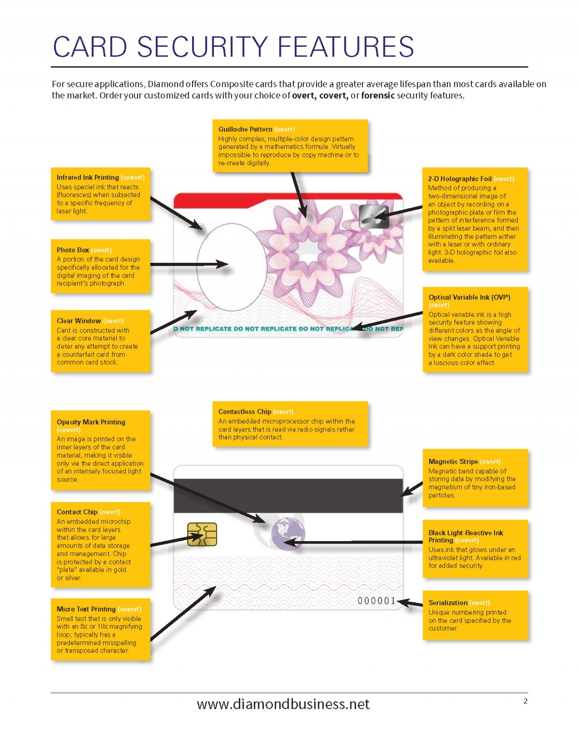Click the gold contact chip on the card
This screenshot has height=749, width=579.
click(x=202, y=534)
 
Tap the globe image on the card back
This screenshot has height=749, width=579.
click(x=288, y=534)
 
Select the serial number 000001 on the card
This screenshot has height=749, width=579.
click(x=376, y=600)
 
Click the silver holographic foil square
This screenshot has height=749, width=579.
click(x=373, y=217)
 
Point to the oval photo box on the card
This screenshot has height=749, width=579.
click(x=232, y=267)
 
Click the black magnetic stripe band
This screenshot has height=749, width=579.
click(x=288, y=495)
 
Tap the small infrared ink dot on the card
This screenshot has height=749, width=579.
click(x=200, y=229)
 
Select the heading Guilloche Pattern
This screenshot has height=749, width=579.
click(x=245, y=129)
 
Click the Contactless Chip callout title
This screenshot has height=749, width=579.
click(x=245, y=411)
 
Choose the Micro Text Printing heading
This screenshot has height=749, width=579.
click(x=86, y=609)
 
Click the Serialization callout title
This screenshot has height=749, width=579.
click(x=448, y=602)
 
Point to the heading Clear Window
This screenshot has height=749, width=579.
click(x=79, y=321)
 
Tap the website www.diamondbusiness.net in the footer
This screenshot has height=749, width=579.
click(x=283, y=704)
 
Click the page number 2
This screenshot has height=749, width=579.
click(x=525, y=701)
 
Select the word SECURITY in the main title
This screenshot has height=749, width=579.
click(x=202, y=47)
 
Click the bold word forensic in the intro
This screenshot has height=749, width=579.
click(x=378, y=95)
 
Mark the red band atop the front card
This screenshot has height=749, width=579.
click(x=288, y=201)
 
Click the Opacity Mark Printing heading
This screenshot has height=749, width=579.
click(x=91, y=422)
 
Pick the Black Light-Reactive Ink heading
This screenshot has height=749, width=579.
click(x=466, y=533)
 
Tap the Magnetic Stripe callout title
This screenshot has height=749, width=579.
click(x=453, y=462)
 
